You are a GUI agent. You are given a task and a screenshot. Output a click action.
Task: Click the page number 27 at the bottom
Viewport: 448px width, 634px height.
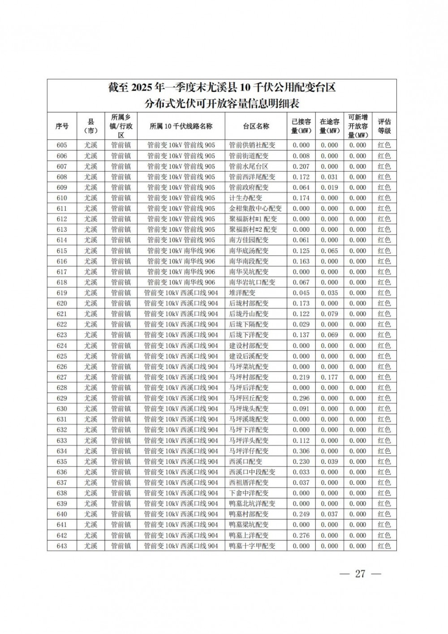[x=360, y=573]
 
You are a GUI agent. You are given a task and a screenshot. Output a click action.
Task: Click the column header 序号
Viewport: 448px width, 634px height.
[x=62, y=126]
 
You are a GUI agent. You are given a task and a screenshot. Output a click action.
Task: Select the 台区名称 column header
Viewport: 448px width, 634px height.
[x=256, y=126]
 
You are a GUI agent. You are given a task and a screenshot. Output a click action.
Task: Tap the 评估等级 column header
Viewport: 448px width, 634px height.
[x=384, y=126]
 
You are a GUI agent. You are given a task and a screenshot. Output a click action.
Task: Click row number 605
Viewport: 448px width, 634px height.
[x=62, y=145]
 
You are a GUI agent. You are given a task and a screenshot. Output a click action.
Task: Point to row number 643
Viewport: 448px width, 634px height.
[x=62, y=546]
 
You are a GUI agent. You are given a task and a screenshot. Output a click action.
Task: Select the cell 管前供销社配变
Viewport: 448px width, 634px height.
[x=252, y=145]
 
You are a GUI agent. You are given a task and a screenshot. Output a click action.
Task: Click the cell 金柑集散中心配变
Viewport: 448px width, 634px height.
[x=255, y=208]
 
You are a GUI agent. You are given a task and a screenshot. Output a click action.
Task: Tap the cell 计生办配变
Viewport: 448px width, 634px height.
[x=246, y=198]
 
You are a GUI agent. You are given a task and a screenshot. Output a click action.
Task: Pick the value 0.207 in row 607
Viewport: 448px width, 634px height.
[x=301, y=166]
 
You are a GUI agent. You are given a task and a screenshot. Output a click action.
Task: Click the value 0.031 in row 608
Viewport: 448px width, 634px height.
[x=329, y=177]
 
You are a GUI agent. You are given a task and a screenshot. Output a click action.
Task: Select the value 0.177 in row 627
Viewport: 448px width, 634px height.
[x=329, y=377]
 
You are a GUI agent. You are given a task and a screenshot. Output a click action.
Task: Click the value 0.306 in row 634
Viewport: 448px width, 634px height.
[x=301, y=451]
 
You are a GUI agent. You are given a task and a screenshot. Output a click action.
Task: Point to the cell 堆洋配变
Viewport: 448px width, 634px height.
[x=242, y=293]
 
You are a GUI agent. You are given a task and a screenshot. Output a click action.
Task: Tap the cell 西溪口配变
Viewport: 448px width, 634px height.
[x=246, y=461]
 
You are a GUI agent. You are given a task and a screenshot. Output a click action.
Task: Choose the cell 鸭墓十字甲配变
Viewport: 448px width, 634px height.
[x=252, y=546]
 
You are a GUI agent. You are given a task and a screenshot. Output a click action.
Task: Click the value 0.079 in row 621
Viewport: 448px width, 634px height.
[x=329, y=314]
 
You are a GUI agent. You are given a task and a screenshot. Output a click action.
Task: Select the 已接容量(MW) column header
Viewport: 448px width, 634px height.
[x=301, y=126]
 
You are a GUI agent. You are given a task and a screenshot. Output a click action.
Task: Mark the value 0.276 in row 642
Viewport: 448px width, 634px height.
[x=301, y=535]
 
